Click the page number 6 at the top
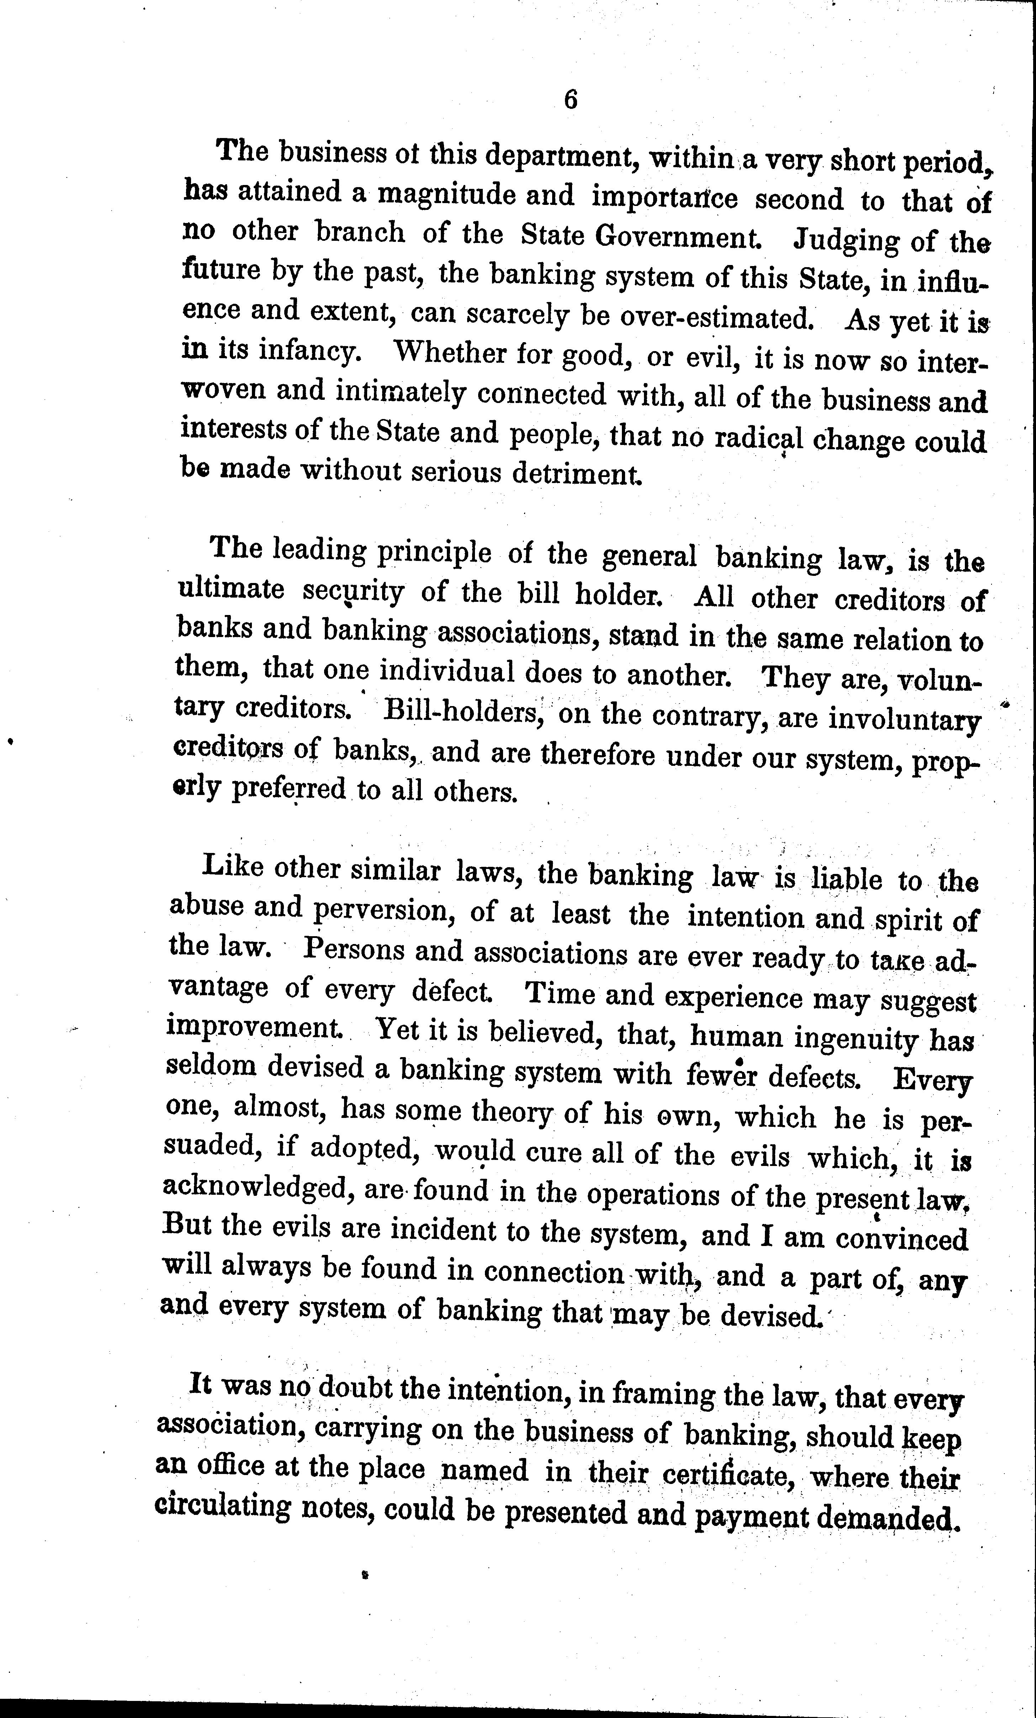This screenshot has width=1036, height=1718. [x=570, y=100]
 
